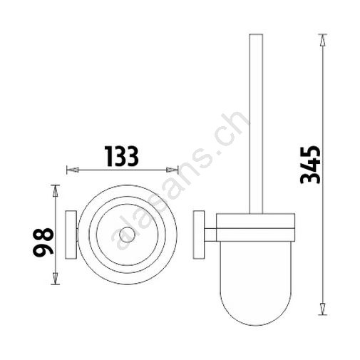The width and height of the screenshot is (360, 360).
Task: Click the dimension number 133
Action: coord(122,156)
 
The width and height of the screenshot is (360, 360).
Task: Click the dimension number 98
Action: coord(43,242)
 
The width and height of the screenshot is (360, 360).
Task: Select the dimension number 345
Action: coord(310,165)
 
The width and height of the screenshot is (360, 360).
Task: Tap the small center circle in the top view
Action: coord(127,235)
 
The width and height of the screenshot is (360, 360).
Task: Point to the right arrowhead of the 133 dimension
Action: coord(173,170)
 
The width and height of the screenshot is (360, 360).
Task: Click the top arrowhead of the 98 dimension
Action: coord(55,190)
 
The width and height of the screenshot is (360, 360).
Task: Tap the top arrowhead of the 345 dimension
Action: coord(322,40)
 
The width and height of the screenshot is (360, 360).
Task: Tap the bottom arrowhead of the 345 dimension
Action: coord(322,309)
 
